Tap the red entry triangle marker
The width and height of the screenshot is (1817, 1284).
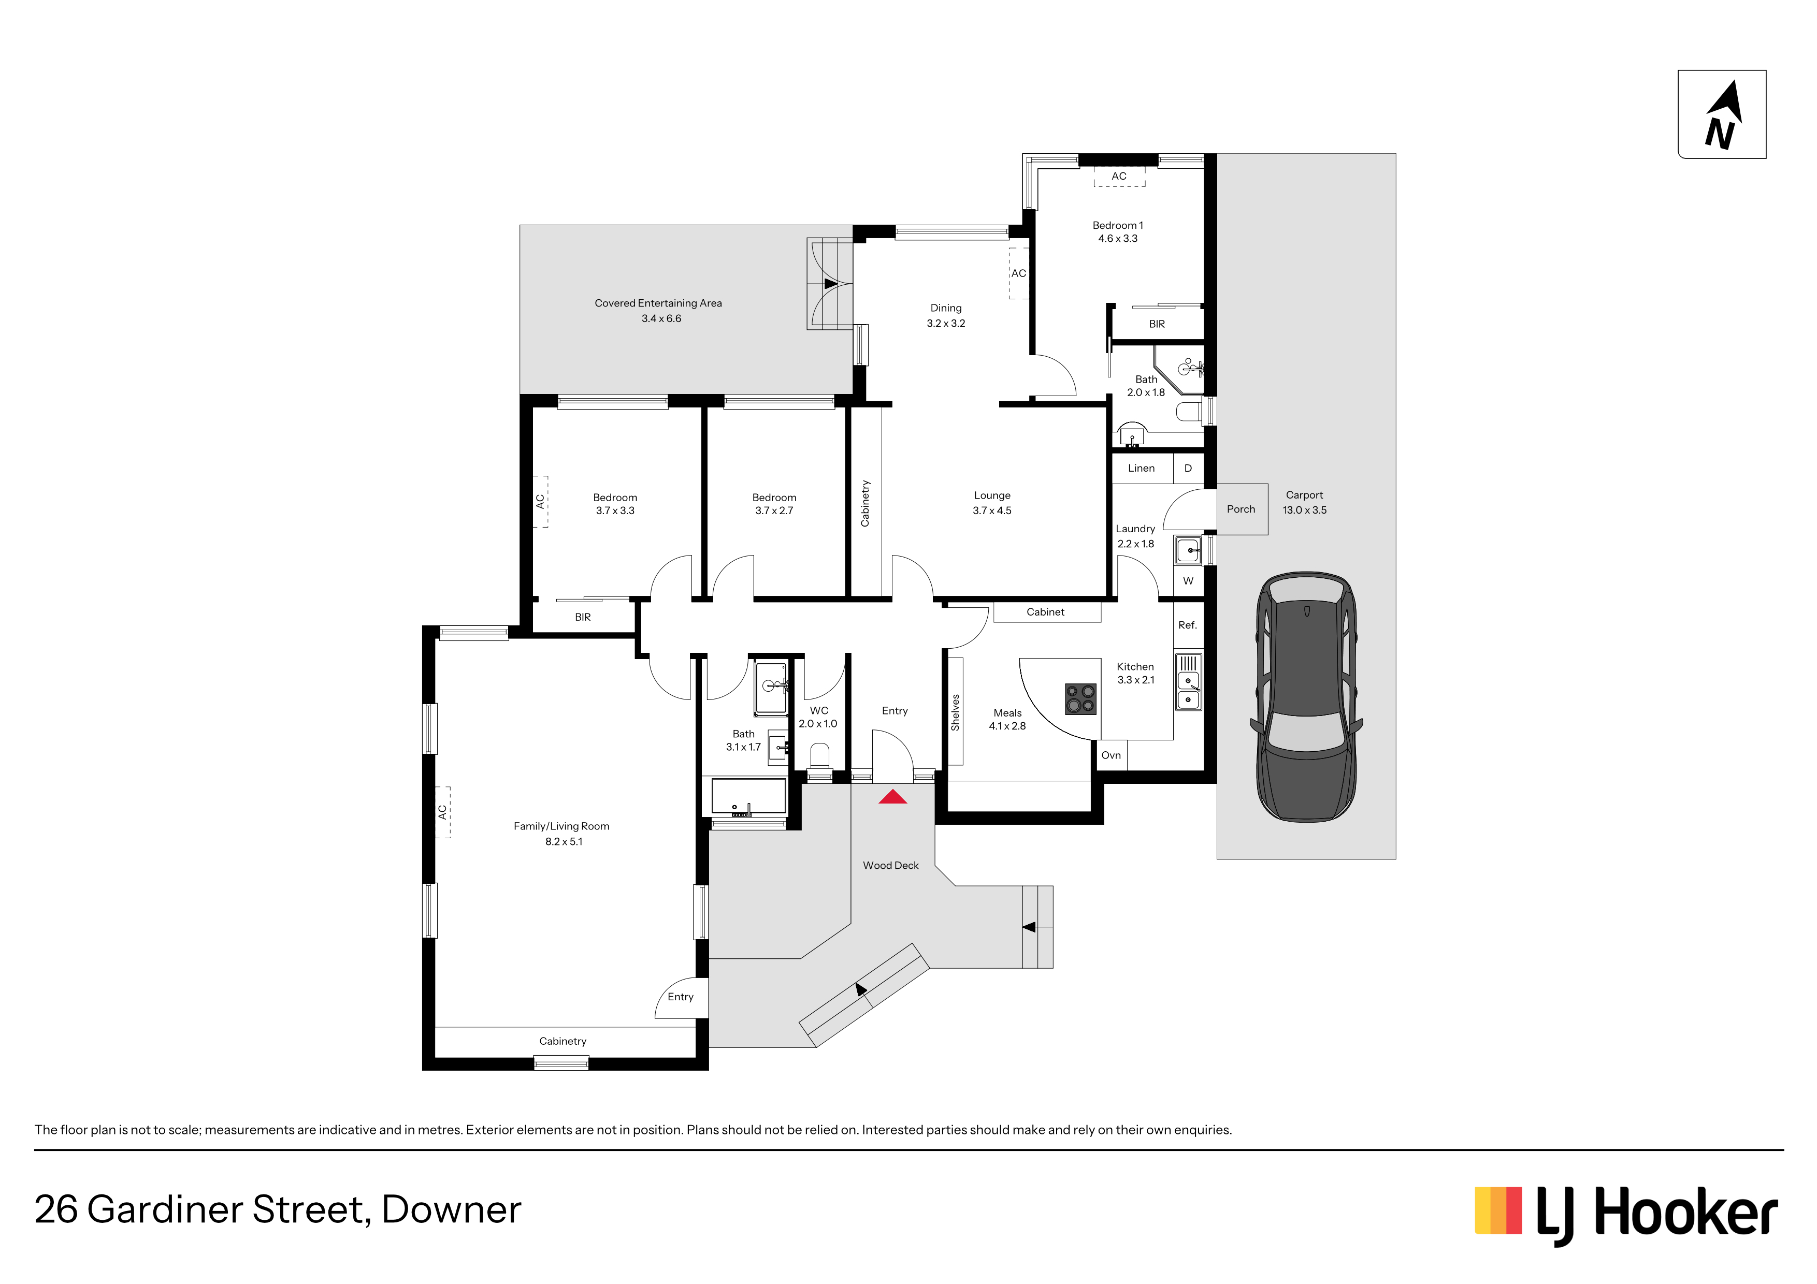coord(892,797)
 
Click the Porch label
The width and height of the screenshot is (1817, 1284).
coord(1241,509)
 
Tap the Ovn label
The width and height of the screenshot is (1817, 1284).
coord(1111,755)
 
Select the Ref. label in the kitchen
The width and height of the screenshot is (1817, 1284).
coord(1187,625)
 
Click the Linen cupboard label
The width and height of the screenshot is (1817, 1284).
coord(1141,469)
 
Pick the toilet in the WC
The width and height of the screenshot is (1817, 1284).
coord(819,756)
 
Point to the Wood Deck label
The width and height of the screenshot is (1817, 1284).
coord(891,866)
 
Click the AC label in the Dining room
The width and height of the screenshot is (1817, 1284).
coord(1018,274)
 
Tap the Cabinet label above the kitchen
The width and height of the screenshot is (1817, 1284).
coord(1045,612)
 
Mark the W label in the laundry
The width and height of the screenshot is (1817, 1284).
coord(1188,581)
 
